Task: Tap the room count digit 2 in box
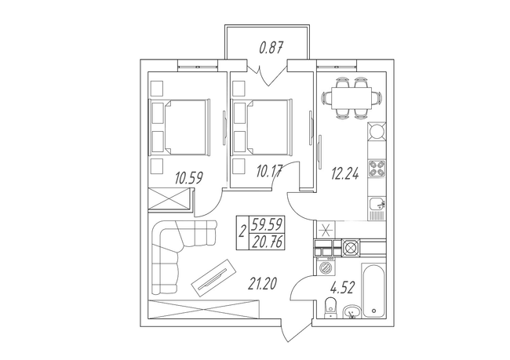click(x=243, y=231)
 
